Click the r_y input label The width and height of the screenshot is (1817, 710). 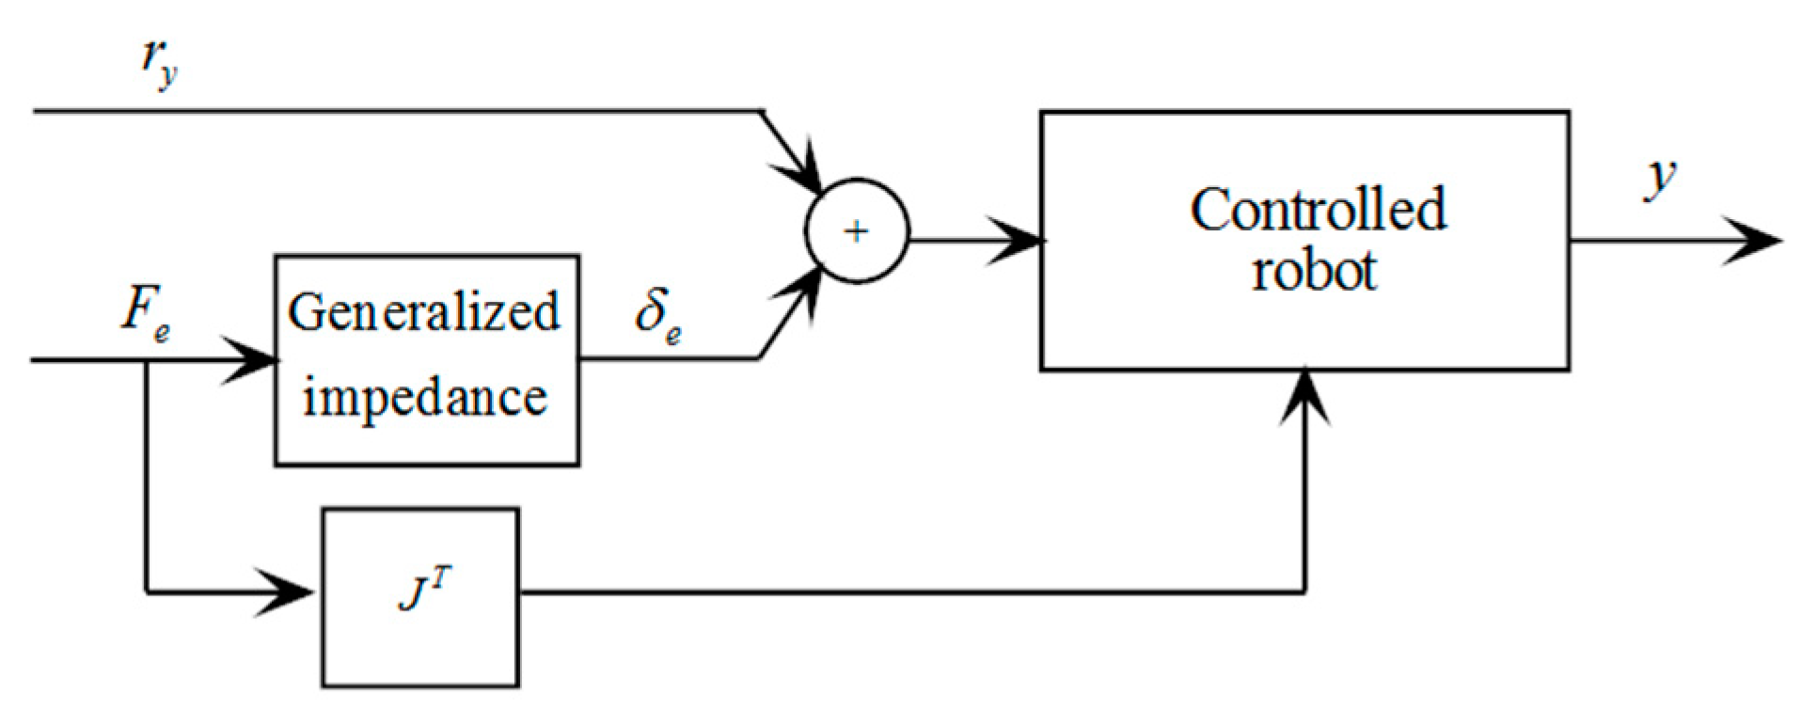(x=159, y=63)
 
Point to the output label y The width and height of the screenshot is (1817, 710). (x=1661, y=178)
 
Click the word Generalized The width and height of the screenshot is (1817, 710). (x=424, y=312)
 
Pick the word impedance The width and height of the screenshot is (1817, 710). (x=424, y=398)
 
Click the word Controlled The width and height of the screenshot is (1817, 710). (x=1318, y=209)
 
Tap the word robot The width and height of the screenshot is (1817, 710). (x=1314, y=272)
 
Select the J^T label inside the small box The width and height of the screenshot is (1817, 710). (x=424, y=592)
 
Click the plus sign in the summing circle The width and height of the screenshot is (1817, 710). (x=856, y=231)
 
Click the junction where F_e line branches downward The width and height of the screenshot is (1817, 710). (x=147, y=360)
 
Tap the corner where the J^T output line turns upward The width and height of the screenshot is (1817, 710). (x=1304, y=592)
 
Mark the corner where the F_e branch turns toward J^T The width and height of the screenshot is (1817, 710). (x=147, y=592)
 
